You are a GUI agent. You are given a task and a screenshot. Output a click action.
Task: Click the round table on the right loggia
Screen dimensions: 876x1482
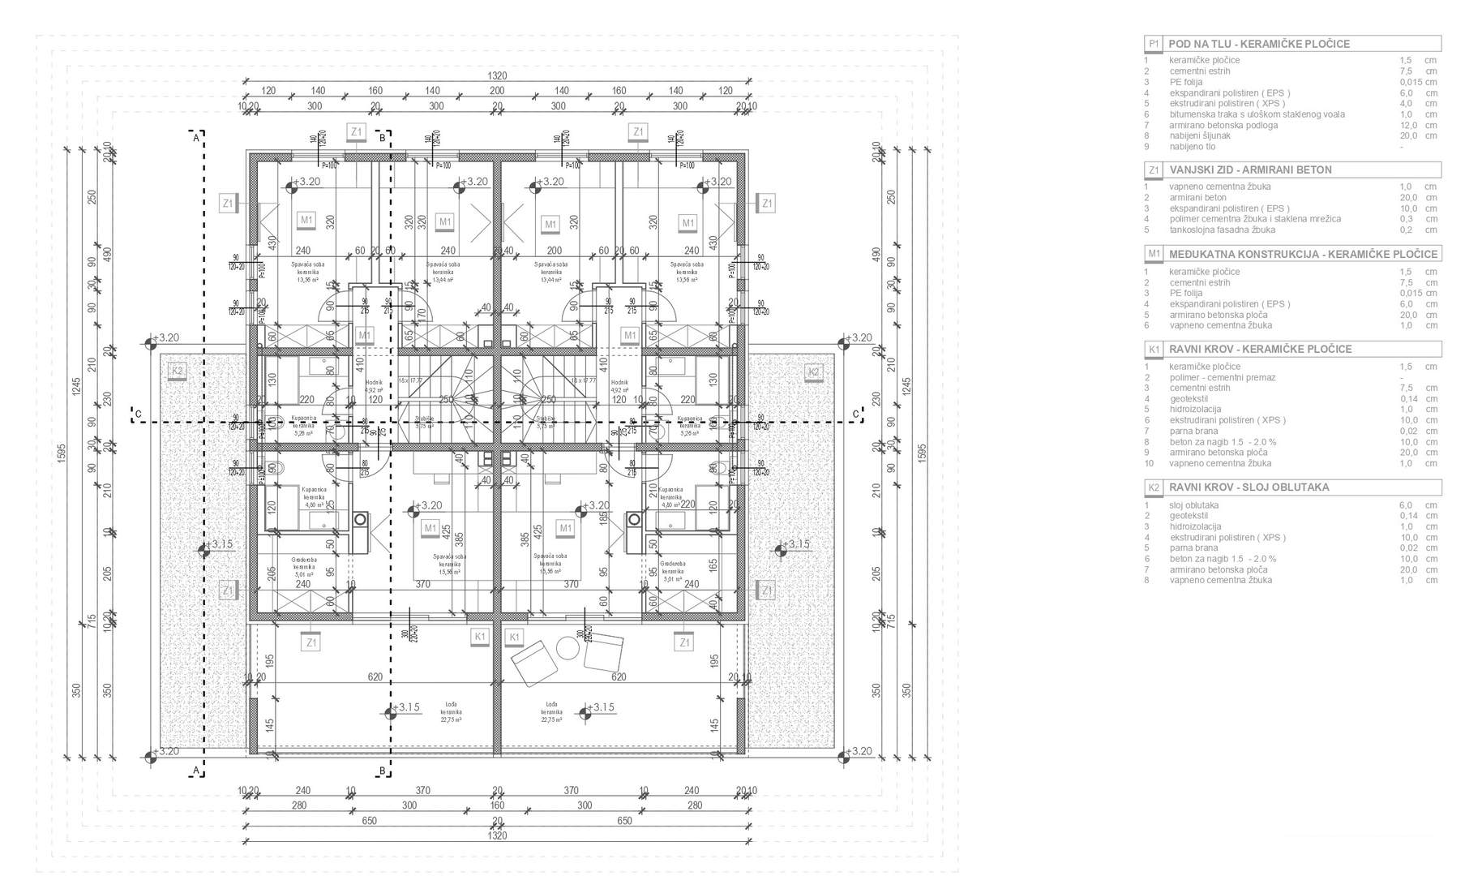(568, 648)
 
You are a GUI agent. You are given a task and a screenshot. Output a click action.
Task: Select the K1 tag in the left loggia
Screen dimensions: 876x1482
(480, 637)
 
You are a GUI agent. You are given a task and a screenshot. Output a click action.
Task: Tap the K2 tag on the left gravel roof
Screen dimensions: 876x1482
(177, 372)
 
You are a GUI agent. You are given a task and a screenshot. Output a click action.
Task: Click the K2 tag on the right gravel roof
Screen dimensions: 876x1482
(813, 372)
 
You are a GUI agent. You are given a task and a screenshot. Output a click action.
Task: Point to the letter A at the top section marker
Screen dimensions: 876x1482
(195, 138)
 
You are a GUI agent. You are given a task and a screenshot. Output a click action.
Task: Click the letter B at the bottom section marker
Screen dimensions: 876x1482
(382, 770)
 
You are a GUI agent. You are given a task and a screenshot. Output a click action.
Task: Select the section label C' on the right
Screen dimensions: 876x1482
(855, 414)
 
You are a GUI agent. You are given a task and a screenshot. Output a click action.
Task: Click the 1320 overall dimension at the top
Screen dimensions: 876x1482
(497, 75)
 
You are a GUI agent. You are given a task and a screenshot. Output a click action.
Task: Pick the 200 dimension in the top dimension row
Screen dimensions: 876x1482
(497, 91)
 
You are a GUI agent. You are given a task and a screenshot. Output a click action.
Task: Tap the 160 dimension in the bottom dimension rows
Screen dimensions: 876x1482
(497, 805)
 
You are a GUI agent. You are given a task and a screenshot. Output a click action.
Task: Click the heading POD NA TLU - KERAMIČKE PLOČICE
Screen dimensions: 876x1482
(1259, 44)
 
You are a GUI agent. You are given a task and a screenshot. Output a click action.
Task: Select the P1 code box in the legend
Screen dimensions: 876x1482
(1154, 44)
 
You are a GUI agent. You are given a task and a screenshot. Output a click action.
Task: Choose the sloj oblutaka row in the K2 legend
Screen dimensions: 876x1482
(1194, 505)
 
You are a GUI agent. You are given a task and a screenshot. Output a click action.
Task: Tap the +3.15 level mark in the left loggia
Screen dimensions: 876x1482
(405, 707)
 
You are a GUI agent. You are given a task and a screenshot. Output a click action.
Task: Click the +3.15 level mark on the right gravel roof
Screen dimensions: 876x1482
(795, 544)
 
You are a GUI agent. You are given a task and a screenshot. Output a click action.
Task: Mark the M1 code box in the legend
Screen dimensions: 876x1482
(1154, 254)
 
